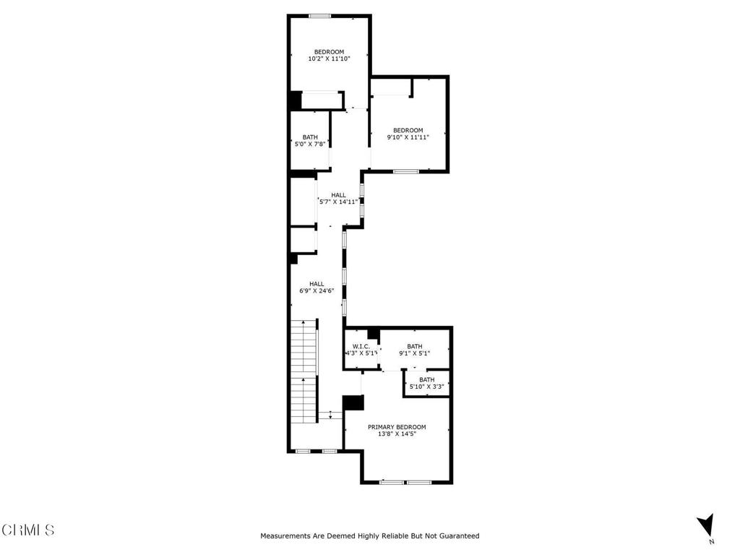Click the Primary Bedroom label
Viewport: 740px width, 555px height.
[397, 427]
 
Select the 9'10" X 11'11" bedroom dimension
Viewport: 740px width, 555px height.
[408, 137]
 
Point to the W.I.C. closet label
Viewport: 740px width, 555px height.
[361, 346]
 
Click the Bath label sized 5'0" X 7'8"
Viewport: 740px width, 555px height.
[310, 137]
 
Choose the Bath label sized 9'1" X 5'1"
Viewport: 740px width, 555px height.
[415, 346]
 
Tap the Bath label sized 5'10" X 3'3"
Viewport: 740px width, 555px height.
[427, 380]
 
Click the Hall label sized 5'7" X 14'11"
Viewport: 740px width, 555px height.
[338, 195]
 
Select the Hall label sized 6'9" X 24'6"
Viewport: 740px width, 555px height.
[317, 284]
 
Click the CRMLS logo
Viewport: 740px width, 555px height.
[28, 530]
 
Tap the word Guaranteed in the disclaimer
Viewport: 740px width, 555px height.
[456, 536]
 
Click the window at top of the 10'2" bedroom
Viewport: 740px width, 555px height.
[319, 16]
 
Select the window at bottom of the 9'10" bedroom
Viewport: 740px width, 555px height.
[405, 171]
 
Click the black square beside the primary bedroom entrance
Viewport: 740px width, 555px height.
[352, 403]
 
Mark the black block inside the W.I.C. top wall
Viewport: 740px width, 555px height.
[373, 333]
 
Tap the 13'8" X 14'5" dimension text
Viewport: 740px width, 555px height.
[397, 434]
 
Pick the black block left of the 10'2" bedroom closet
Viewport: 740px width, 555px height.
[295, 100]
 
